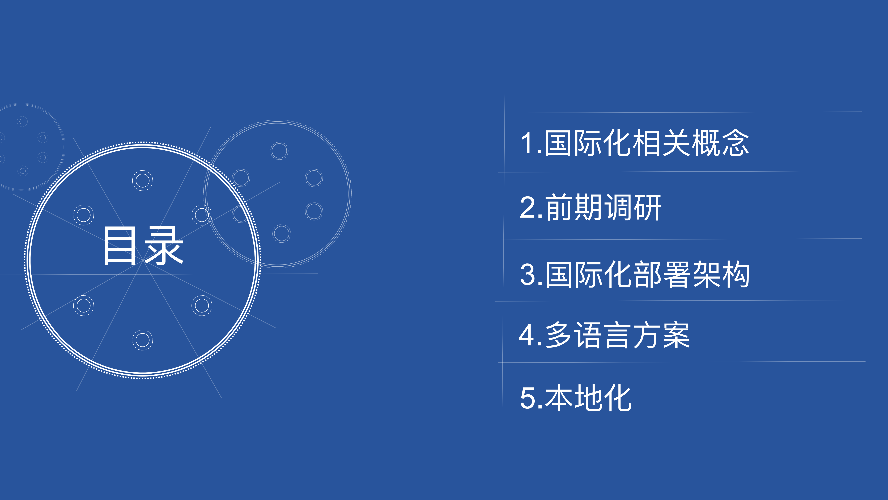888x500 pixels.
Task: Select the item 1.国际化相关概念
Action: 634,143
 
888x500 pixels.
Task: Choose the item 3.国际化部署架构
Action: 634,275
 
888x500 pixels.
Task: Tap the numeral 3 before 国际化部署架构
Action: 527,275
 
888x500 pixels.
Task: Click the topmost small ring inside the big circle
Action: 142,180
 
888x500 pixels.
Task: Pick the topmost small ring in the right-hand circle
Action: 279,151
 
